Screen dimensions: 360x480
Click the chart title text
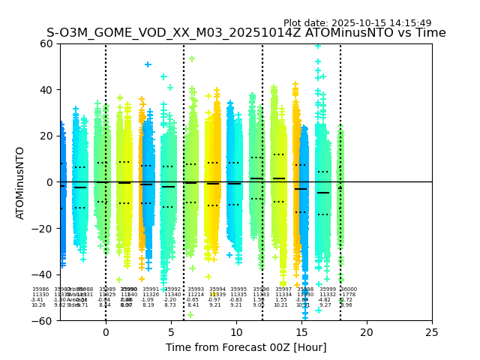coord(246,33)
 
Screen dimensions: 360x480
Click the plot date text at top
coord(357,23)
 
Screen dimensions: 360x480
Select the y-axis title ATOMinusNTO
coord(20,182)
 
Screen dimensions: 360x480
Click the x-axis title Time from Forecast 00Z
coord(246,347)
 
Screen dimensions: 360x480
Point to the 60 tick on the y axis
coord(46,43)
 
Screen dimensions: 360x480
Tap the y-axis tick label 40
coord(46,90)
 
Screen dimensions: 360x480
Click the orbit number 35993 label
coord(196,289)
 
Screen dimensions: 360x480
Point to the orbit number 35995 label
coord(238,289)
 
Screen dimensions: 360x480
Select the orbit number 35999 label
coord(328,289)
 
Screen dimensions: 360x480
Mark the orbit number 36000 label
coord(349,289)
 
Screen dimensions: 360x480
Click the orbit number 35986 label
coord(40,289)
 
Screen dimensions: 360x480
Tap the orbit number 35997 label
coord(283,289)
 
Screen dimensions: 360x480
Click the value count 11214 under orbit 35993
coord(196,295)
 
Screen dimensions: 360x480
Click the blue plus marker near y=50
coord(148,64)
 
